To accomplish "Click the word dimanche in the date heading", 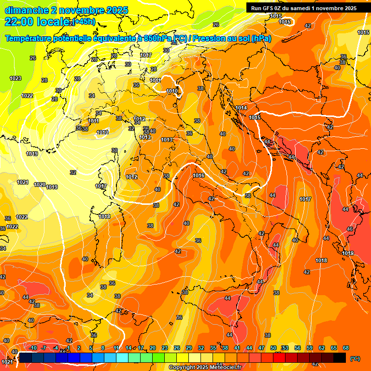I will coord(27,10).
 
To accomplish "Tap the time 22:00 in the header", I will coord(20,21).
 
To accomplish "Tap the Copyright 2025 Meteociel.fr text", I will coord(204,368).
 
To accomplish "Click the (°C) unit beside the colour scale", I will coord(355,358).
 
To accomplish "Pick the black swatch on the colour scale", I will coord(340,358).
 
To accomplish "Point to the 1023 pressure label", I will coord(15,78).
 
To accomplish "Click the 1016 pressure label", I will coord(198,176).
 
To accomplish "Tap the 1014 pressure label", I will coord(241,108).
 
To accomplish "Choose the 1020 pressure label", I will coord(40,185).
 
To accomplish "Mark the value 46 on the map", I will coord(350,228).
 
